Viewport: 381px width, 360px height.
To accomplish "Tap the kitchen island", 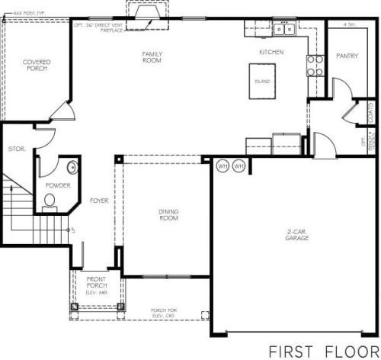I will tap(262, 79).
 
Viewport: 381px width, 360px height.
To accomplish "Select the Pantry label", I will tap(347, 56).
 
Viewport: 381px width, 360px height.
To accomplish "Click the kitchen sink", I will tap(284, 30).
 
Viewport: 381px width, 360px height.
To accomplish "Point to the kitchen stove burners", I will tap(315, 66).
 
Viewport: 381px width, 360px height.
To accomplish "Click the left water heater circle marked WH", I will tap(223, 166).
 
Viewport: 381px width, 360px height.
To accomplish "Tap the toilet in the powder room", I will tap(50, 201).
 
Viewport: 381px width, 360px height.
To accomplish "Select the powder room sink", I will tap(71, 168).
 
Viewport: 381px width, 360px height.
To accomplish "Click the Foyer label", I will tap(99, 201).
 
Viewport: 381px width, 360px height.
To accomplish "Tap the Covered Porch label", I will tap(36, 66).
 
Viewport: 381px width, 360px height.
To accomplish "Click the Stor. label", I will tap(16, 149).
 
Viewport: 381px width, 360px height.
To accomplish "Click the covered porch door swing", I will tap(62, 112).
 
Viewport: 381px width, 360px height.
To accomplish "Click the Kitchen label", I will tap(271, 52).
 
